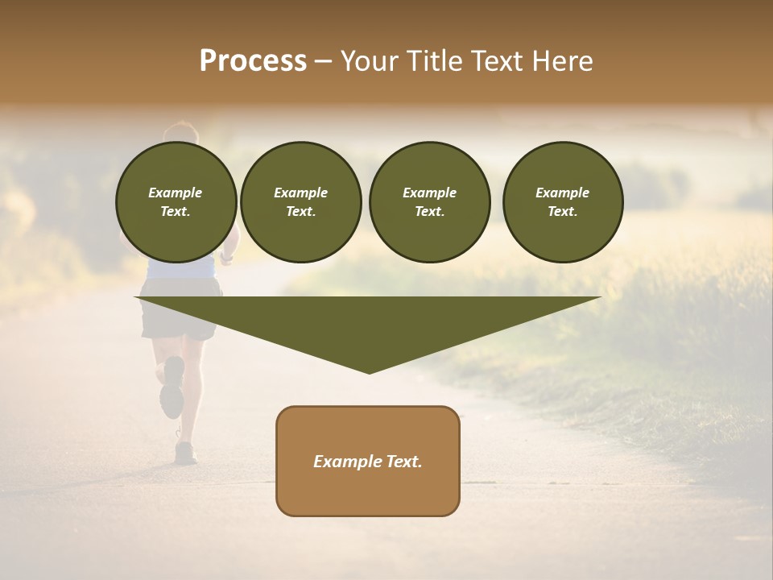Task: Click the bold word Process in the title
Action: [253, 61]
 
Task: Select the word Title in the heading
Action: [432, 61]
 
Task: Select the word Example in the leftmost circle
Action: [176, 193]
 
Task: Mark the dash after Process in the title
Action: [323, 62]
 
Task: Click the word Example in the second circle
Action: [300, 193]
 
